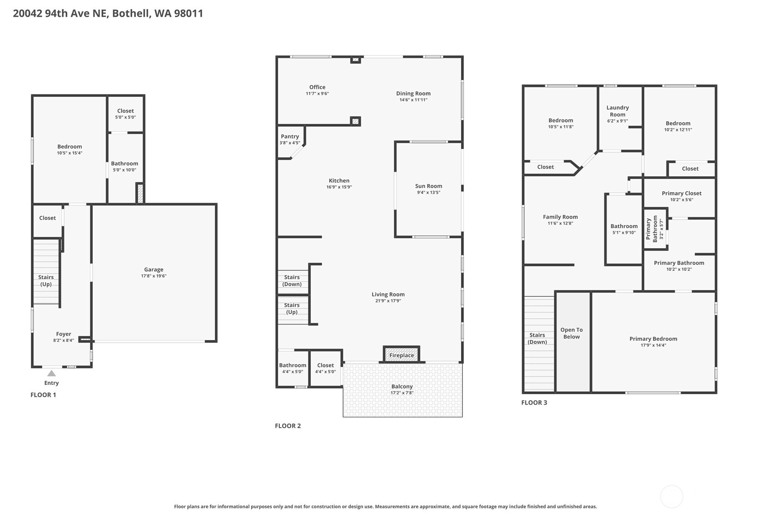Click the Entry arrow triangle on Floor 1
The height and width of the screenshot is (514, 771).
pos(52,374)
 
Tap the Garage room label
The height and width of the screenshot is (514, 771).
pos(154,269)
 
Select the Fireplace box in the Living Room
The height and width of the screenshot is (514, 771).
pos(402,354)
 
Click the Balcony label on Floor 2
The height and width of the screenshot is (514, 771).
pos(402,386)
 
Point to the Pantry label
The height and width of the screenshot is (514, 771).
pos(290,136)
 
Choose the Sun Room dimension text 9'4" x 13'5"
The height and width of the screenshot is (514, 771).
pos(428,192)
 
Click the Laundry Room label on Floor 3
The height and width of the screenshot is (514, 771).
pos(617,111)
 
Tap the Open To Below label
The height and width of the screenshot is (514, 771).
pos(571,333)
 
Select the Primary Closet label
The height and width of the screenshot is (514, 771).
pos(681,193)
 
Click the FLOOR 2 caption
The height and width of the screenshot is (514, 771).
pos(288,426)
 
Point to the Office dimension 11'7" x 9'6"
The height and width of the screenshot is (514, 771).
pos(317,94)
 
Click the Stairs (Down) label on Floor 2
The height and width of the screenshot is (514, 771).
pos(292,280)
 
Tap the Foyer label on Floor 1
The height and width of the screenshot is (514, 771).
pos(64,334)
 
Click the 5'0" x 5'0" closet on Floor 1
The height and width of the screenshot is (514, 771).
pos(125,114)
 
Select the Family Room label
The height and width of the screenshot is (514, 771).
pos(560,217)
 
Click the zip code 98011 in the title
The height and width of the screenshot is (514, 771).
pos(189,13)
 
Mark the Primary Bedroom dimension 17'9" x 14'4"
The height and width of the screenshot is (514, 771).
pos(653,345)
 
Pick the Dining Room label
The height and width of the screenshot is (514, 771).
pos(413,93)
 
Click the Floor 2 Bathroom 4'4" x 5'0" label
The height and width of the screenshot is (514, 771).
pos(293,368)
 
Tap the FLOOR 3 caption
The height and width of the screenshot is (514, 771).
pos(534,403)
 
